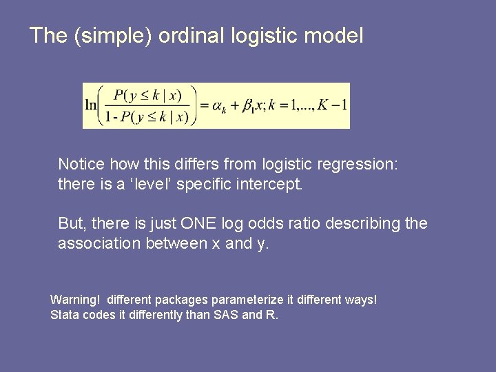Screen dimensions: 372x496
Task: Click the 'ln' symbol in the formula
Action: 91,105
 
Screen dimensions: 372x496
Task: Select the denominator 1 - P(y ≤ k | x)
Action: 147,116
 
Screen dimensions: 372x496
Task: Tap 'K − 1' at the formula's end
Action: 334,105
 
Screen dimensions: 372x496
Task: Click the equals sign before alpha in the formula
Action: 204,105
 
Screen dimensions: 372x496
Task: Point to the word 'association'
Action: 99,243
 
